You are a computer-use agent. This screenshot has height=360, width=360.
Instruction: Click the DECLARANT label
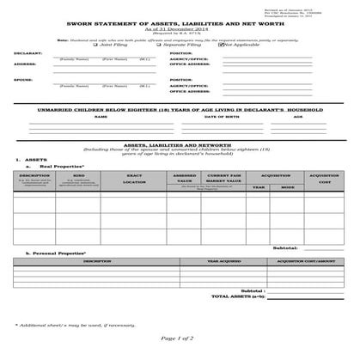click(x=27, y=53)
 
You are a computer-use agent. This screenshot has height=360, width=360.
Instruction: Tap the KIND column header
click(x=79, y=174)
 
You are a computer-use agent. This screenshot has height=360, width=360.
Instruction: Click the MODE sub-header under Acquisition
click(x=288, y=186)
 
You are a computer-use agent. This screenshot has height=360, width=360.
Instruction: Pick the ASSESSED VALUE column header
click(x=185, y=178)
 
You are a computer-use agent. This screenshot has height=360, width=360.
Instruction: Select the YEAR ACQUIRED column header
click(x=224, y=261)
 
